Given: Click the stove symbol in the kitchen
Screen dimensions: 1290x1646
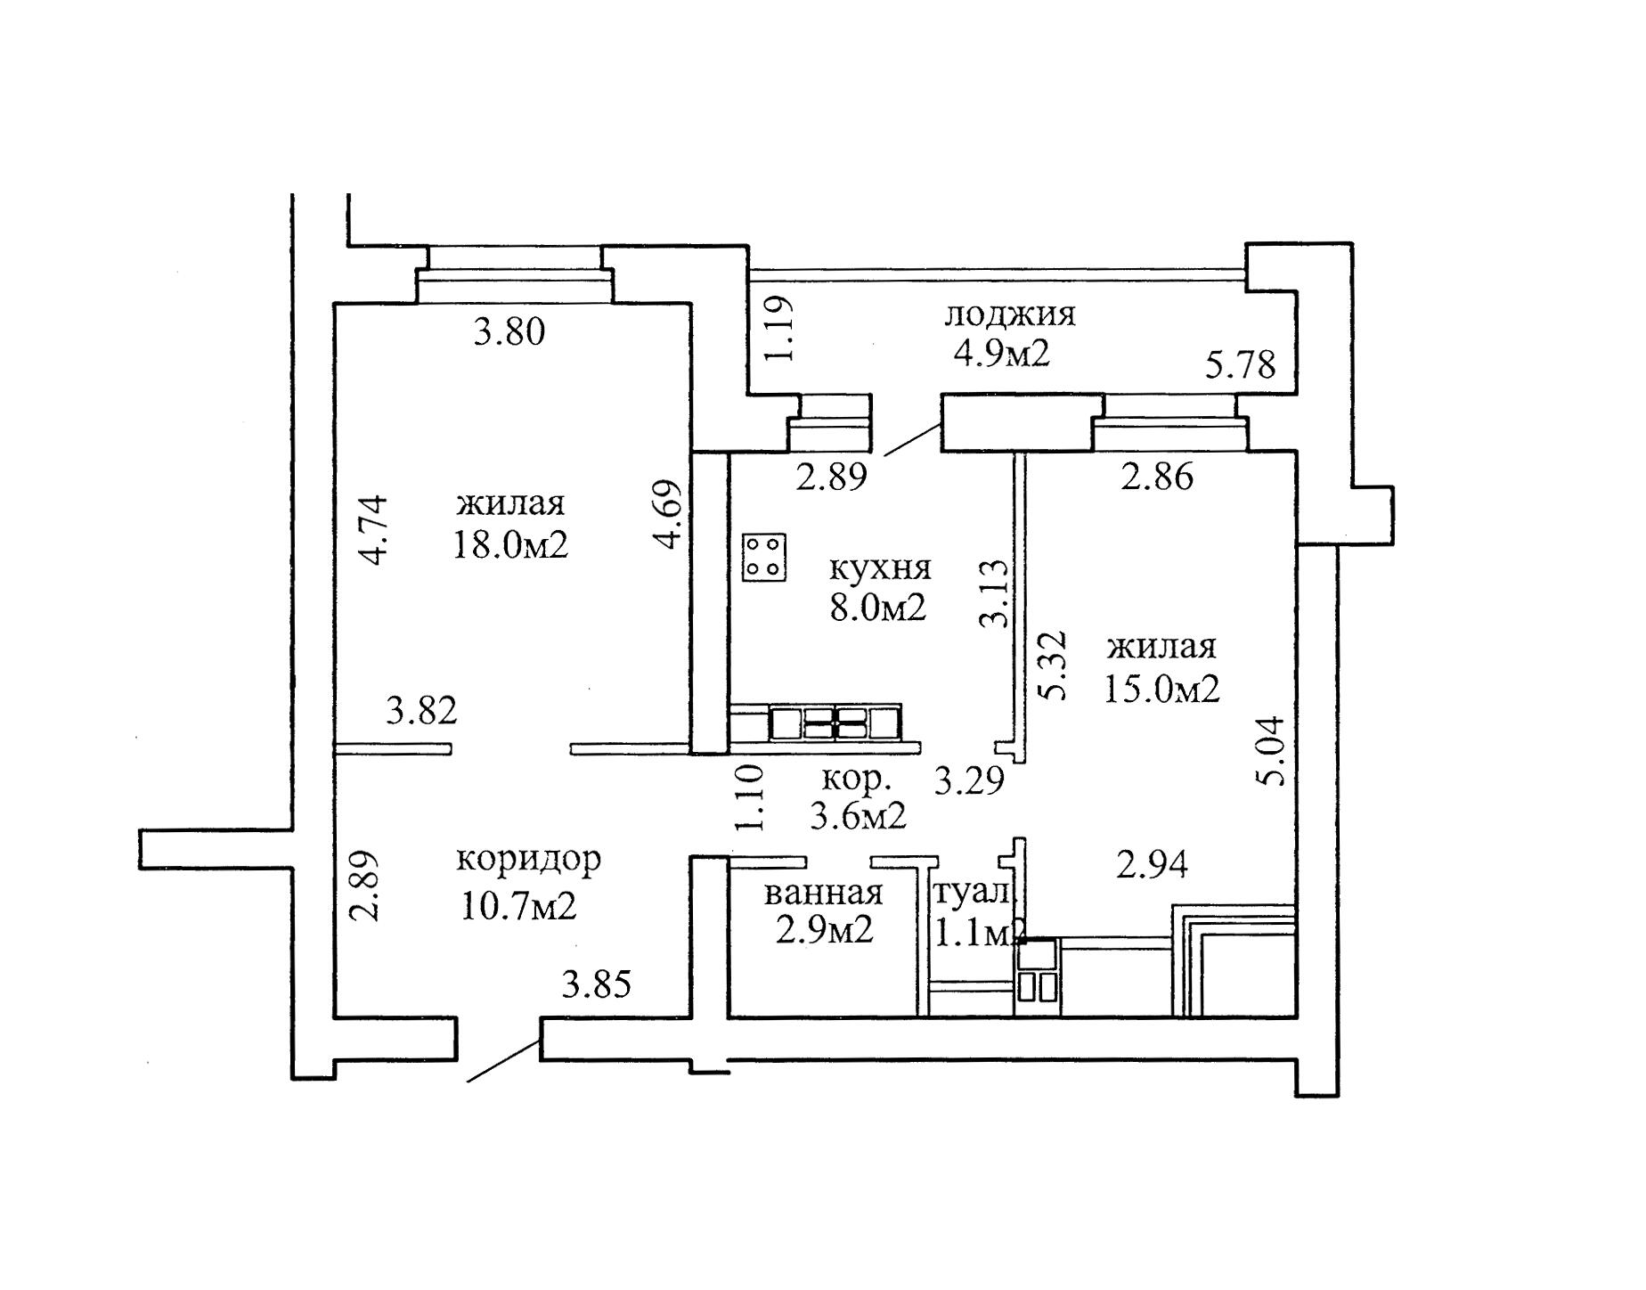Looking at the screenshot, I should point(764,558).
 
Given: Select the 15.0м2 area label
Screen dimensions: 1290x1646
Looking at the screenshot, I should point(1161,688).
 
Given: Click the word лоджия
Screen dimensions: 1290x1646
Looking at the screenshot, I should point(1009,314).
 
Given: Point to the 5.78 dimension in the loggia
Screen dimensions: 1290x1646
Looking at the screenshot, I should point(1240,364).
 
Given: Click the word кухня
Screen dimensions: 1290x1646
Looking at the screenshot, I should point(879,567).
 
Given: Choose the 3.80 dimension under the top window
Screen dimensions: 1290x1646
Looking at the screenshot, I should point(509,333).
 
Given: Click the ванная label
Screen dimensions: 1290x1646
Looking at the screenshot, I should point(823,892).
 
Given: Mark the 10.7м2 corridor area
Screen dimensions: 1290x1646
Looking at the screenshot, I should point(518,907).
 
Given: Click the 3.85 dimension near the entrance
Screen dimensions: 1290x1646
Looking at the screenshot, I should point(597,985).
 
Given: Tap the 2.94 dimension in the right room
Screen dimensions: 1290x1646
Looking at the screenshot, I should point(1152,864).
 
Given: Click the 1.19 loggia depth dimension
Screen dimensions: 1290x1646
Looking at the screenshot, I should point(777,328).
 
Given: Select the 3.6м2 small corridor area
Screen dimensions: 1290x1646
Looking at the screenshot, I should point(858,815).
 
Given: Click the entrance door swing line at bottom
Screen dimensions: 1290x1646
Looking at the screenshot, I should point(503,1062).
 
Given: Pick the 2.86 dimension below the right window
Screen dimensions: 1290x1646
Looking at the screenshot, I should point(1156,478).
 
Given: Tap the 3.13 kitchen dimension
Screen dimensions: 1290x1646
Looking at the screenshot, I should point(995,593).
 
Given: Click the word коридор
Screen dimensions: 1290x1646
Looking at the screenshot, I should point(528,859).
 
